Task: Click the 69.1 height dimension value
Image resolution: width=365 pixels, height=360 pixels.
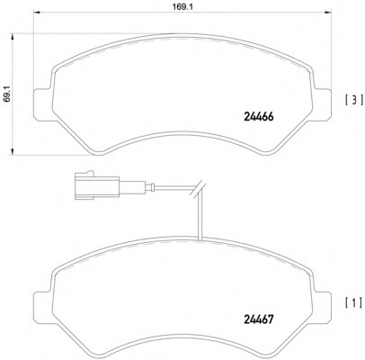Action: [7, 94]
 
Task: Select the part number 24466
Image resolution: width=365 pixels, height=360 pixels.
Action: [259, 117]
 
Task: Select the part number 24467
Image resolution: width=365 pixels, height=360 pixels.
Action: [259, 319]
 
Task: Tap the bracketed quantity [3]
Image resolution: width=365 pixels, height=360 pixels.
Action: [354, 100]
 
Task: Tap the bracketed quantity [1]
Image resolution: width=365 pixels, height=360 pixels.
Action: [354, 303]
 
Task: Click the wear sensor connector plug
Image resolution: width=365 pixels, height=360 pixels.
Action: [95, 187]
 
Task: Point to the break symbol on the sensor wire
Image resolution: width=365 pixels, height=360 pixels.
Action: [198, 189]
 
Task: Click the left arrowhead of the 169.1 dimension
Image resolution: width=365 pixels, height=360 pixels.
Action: [36, 13]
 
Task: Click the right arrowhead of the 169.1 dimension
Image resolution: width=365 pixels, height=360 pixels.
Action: [328, 13]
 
